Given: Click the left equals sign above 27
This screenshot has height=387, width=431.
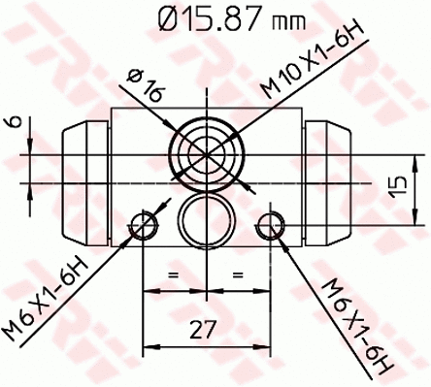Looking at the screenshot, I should pos(176,276).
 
